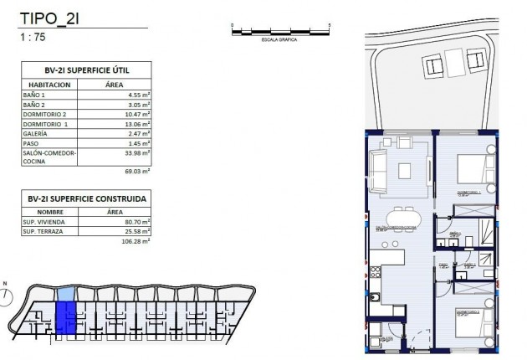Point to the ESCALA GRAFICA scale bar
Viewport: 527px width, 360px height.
click(281, 31)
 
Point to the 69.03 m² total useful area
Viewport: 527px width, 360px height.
click(136, 171)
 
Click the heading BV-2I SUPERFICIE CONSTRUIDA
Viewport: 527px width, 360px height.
click(85, 198)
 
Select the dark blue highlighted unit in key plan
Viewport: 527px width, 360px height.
click(64, 319)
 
